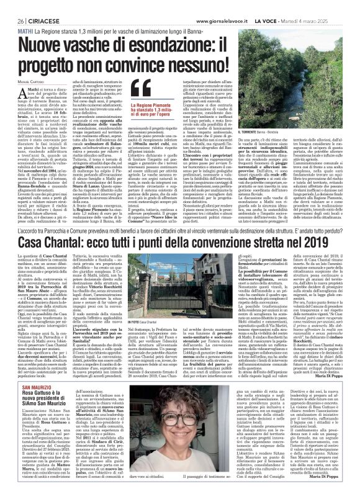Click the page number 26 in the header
pyautogui.click(x=12, y=6)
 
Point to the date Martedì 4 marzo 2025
pyautogui.click(x=320, y=6)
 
